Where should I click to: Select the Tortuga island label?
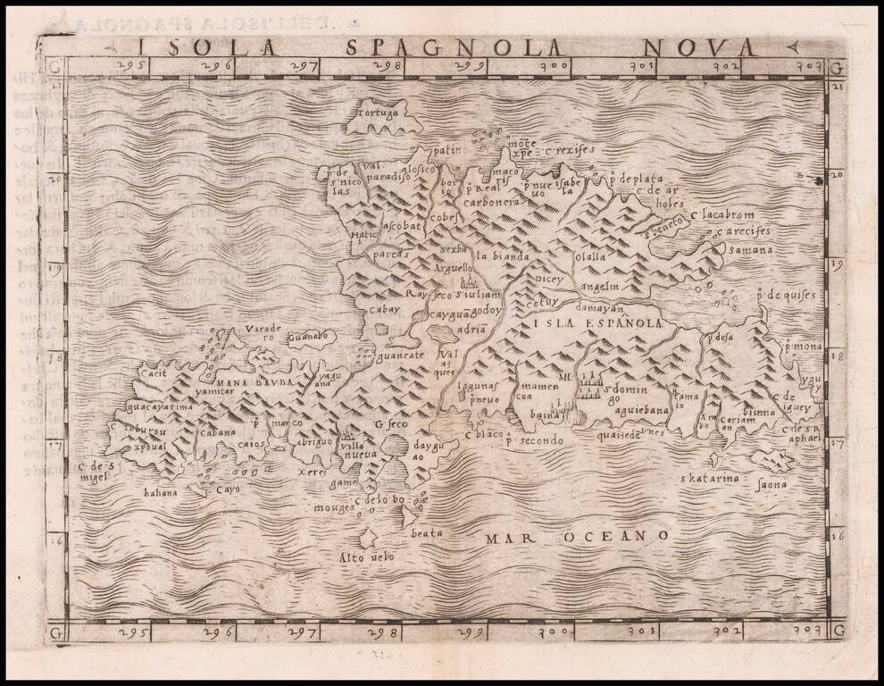[379, 114]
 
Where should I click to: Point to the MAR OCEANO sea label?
[578, 536]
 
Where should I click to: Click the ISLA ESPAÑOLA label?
[596, 323]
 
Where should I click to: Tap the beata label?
[427, 533]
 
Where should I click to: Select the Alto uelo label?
[366, 557]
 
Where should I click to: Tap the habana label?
[161, 492]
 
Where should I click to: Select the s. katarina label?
[710, 479]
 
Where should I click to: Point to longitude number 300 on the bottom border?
[559, 632]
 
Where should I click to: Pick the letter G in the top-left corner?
[55, 67]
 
